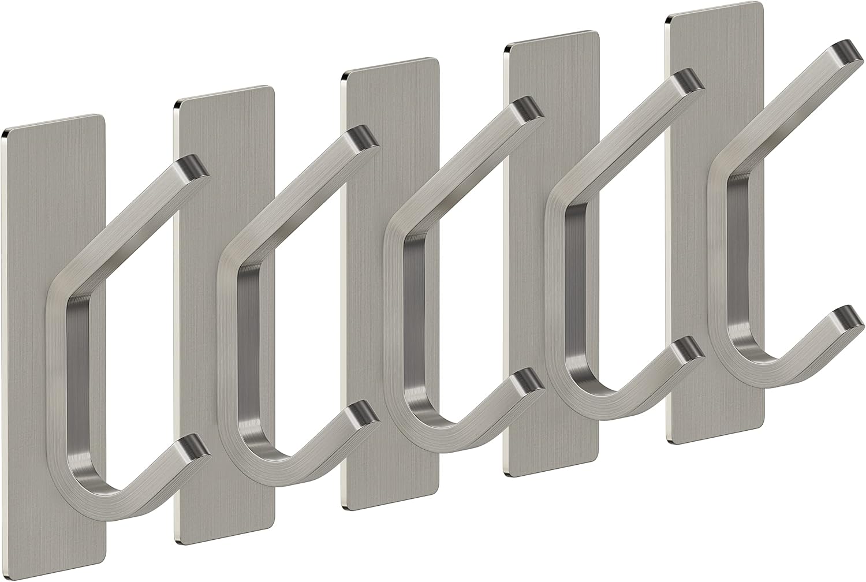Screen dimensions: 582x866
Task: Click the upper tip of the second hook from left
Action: click(x=363, y=137)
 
